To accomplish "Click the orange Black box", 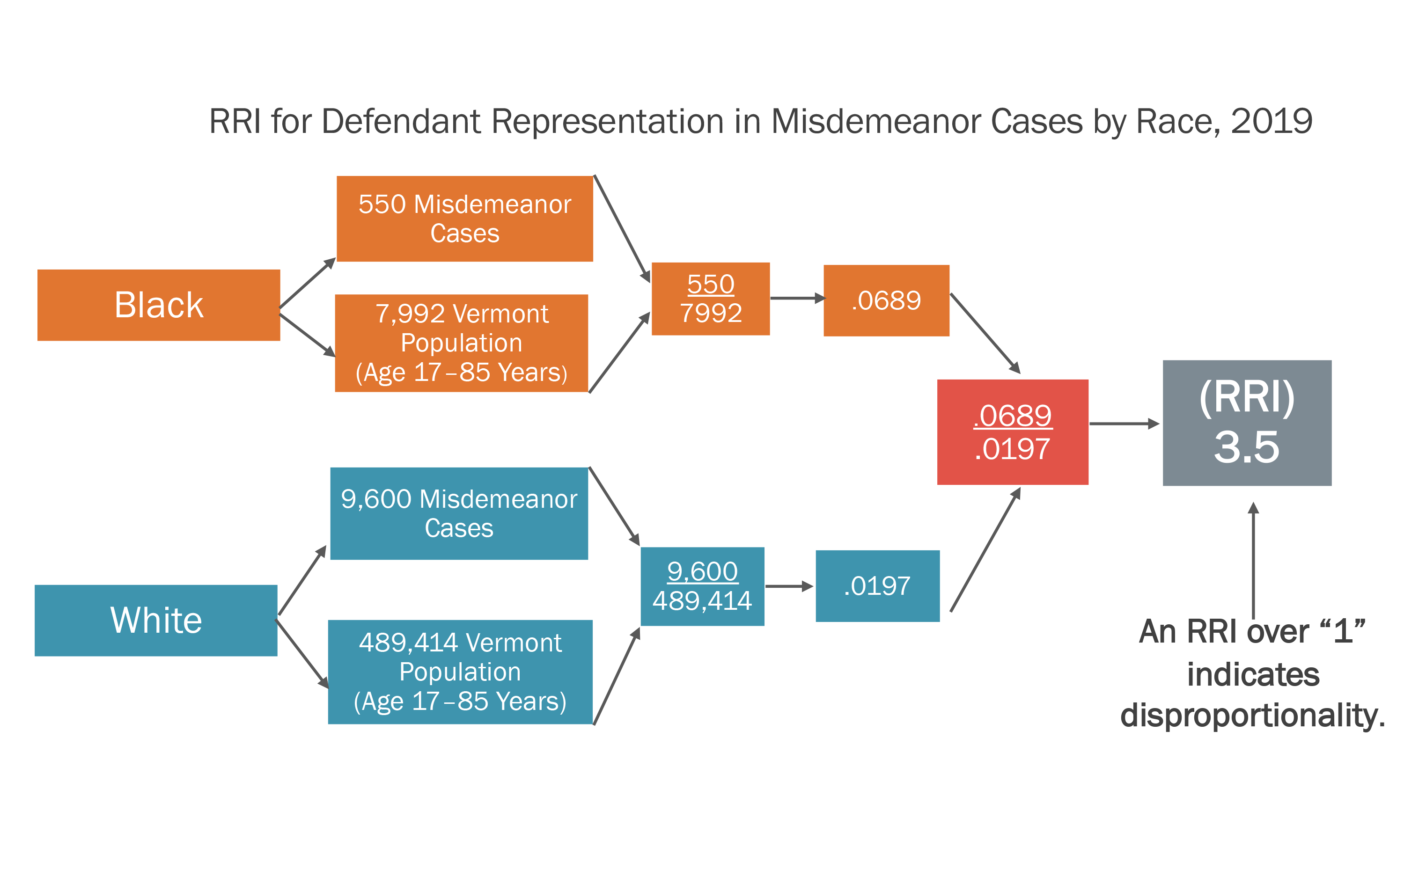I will point(158,305).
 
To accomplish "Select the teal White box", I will point(155,620).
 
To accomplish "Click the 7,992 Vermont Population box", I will point(461,343).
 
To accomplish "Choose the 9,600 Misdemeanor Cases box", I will point(459,513).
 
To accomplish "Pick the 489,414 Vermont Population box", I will point(460,672).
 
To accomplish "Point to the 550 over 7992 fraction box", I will point(710,299).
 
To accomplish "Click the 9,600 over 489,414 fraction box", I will point(702,586).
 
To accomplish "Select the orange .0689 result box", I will point(886,300).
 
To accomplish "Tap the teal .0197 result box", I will point(877,586).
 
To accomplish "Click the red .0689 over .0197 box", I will point(1013,432).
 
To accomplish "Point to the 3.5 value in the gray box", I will point(1246,447).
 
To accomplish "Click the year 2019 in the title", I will point(1271,122).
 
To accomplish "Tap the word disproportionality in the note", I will point(1252,715).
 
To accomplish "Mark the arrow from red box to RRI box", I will point(1124,424).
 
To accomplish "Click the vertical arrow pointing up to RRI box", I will point(1253,560).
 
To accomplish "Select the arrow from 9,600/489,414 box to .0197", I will point(789,586).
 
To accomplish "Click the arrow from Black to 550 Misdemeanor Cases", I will point(308,283).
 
